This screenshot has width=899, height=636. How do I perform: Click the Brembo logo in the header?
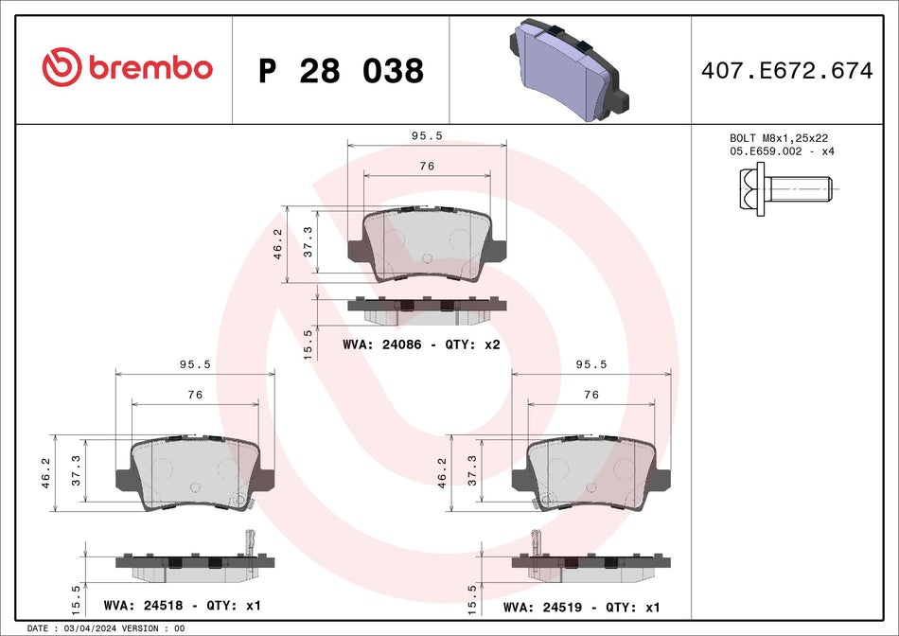127,68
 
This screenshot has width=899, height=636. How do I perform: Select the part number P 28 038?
341,71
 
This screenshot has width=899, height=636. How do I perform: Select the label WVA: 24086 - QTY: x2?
420,345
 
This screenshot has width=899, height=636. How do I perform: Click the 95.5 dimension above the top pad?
427,135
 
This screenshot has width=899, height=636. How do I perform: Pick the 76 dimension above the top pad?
427,166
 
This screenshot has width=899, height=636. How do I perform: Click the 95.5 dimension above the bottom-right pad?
591,363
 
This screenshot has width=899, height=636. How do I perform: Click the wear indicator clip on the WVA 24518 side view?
250,542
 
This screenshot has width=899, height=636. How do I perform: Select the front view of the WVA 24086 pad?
427,244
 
